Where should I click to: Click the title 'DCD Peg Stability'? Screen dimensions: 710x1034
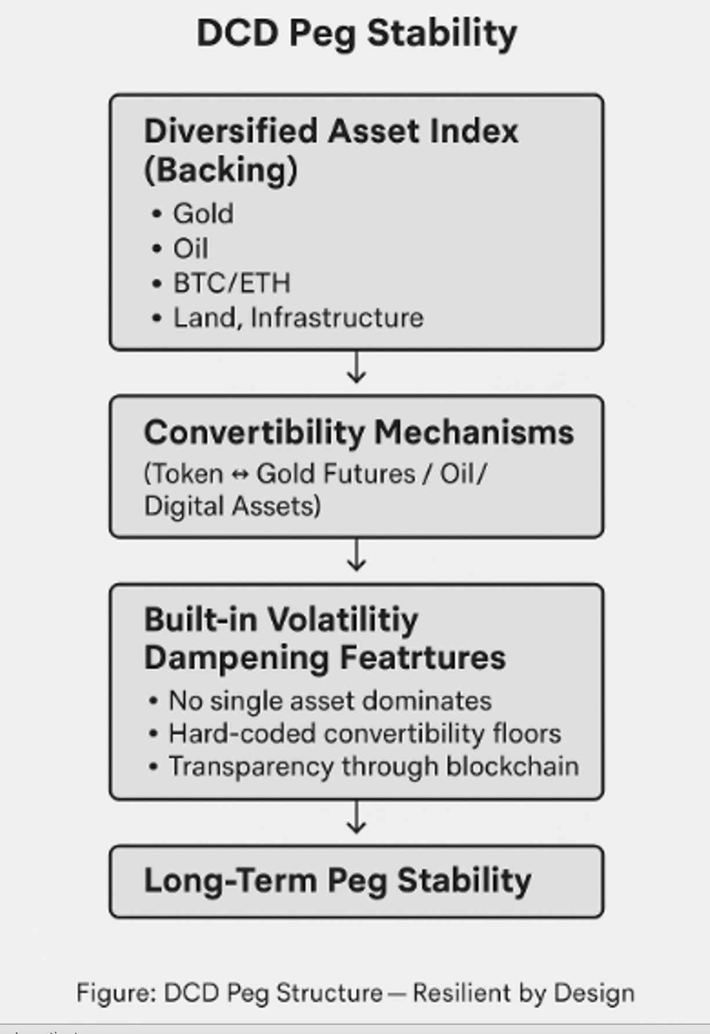tap(356, 34)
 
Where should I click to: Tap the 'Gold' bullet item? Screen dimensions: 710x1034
tap(203, 214)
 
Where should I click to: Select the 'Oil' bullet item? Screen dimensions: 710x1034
tap(190, 248)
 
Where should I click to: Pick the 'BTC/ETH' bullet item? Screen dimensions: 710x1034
tap(231, 283)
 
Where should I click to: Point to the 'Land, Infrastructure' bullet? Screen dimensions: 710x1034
tap(298, 318)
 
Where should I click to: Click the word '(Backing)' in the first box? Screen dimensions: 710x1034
tap(220, 170)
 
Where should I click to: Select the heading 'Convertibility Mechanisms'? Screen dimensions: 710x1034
tap(359, 433)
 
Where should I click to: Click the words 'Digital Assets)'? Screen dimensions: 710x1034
tap(232, 506)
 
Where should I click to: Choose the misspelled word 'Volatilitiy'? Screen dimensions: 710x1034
tap(343, 621)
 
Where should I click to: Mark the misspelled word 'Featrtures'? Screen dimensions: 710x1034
tap(422, 658)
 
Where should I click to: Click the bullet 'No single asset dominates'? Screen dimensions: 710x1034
tap(330, 701)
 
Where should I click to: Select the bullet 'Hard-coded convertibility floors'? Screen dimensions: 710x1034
tap(365, 734)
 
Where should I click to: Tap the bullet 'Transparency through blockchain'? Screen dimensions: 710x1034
tap(374, 767)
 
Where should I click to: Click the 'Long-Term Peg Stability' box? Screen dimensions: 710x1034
tap(357, 882)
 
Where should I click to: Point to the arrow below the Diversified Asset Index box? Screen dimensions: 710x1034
tap(356, 367)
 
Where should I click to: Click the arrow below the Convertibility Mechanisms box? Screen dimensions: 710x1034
tap(356, 555)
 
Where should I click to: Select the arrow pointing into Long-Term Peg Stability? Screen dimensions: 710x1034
tap(356, 818)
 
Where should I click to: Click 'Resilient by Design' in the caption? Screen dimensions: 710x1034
tap(524, 993)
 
